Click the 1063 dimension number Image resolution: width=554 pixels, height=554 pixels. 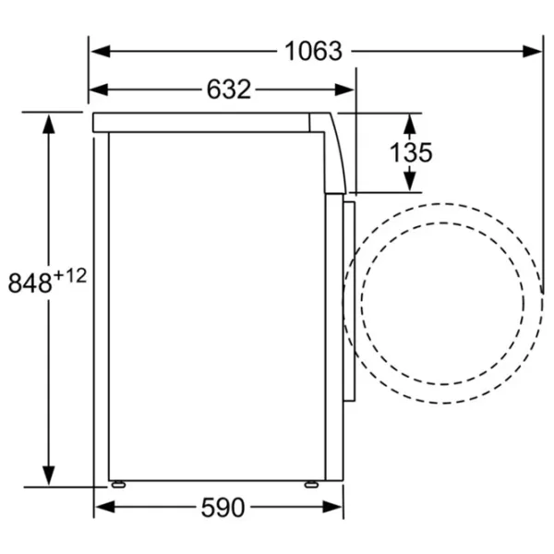[x=313, y=51]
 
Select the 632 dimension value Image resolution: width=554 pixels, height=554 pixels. [x=229, y=90]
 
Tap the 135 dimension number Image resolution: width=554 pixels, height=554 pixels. [x=411, y=152]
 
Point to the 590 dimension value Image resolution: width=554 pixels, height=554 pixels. [x=223, y=507]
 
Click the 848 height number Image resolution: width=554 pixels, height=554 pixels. [x=30, y=283]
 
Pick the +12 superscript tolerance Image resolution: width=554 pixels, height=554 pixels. [x=70, y=276]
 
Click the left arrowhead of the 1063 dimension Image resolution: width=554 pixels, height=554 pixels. [x=101, y=51]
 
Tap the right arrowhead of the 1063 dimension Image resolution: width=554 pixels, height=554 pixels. [x=532, y=51]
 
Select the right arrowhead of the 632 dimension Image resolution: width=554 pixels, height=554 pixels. [x=344, y=90]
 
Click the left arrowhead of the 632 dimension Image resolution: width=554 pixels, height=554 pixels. [x=99, y=90]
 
